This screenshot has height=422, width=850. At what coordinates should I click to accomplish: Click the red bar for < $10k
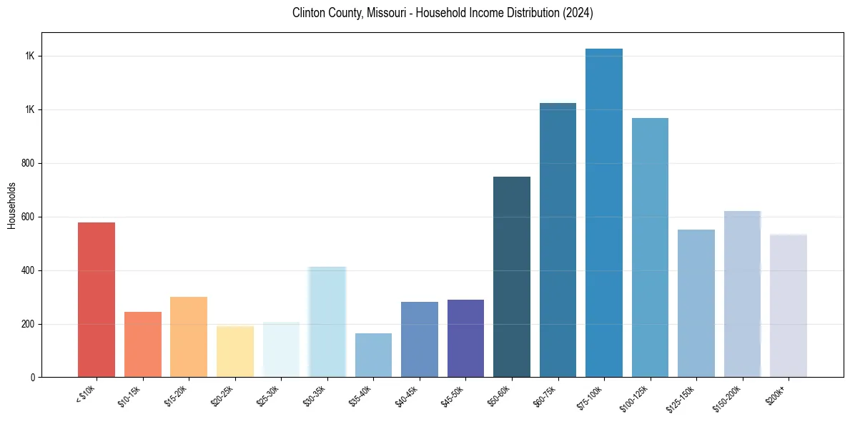(97, 300)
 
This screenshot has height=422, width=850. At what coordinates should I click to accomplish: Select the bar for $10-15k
(143, 344)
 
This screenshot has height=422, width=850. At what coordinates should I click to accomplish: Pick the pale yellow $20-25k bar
(235, 351)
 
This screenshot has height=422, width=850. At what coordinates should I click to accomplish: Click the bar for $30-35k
(327, 322)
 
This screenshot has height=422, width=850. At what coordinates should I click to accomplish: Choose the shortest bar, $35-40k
(373, 355)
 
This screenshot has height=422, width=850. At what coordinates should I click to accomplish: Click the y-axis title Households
(11, 205)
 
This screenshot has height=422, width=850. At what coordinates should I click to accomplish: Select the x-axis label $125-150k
(684, 397)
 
